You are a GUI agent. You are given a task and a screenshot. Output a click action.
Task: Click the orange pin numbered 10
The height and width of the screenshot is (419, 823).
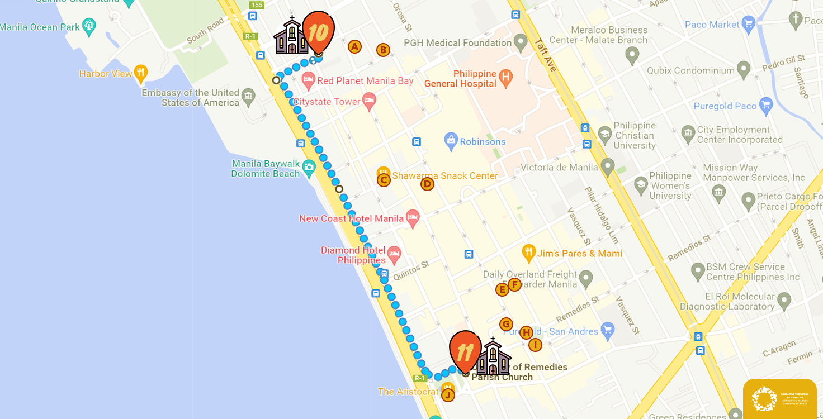[x=318, y=31]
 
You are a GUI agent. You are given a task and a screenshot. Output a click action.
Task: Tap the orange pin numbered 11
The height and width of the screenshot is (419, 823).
[x=465, y=351]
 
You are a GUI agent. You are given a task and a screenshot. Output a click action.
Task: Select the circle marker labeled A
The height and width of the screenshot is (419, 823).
[x=354, y=47]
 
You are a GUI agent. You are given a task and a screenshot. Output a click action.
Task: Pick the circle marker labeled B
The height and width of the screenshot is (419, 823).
[x=383, y=50]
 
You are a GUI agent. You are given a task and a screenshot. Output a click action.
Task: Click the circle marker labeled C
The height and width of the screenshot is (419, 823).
[x=384, y=180]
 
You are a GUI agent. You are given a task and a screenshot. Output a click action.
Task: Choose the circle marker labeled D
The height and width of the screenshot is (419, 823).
[x=427, y=184]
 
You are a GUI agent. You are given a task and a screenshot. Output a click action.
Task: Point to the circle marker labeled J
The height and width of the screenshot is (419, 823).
[x=448, y=395]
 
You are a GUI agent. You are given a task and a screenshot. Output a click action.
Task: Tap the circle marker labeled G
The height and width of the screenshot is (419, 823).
[x=506, y=325]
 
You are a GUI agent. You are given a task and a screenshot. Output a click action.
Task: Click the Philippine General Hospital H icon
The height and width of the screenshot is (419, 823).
[x=506, y=79]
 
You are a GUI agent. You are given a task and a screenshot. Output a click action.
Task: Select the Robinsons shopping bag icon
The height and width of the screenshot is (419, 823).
[x=451, y=141]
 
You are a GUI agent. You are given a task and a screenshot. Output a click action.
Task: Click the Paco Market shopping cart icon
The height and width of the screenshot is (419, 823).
[x=748, y=25]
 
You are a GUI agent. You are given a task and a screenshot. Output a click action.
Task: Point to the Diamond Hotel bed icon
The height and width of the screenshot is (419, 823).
[x=394, y=255]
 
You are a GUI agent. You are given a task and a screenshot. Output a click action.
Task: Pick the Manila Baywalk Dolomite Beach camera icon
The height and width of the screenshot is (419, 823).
[x=309, y=166]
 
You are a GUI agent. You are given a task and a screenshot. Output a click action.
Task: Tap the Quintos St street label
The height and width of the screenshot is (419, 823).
[x=410, y=270]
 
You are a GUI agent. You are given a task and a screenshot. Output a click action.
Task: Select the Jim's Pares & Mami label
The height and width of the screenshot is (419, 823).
[x=580, y=254]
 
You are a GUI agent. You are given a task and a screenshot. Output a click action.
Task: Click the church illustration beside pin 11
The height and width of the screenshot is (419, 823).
[x=493, y=357]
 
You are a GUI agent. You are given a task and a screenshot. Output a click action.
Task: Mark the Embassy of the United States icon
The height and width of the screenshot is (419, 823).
[x=248, y=97]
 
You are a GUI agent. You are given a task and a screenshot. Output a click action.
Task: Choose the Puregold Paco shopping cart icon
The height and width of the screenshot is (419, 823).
[x=766, y=106]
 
